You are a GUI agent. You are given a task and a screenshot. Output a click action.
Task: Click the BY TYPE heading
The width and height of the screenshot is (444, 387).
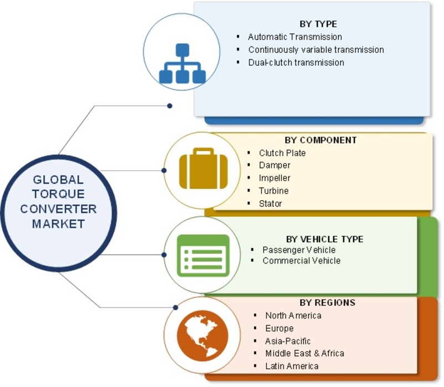[318, 24]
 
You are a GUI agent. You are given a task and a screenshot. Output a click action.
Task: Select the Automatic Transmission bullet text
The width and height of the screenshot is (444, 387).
[295, 37]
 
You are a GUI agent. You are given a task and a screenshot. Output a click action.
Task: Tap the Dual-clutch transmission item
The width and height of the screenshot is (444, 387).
[296, 62]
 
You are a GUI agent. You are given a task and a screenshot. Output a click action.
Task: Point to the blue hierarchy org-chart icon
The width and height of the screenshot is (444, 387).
[183, 63]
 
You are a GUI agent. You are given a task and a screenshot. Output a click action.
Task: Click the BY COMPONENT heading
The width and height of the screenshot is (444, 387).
[321, 140]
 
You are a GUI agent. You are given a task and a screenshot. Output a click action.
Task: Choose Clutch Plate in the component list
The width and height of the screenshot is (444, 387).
[282, 153]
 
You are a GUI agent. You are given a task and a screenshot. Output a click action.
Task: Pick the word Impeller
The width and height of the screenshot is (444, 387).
[274, 178]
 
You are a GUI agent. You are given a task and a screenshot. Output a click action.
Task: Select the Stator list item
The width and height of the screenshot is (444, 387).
[270, 204]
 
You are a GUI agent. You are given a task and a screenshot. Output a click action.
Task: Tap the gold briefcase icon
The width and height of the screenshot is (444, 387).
[203, 168]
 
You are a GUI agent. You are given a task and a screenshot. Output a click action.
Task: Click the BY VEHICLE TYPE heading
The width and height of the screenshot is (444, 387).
[325, 239]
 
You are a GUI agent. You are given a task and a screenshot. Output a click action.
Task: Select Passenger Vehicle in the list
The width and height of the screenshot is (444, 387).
[299, 250]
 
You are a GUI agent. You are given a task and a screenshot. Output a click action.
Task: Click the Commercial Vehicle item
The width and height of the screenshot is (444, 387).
[301, 261]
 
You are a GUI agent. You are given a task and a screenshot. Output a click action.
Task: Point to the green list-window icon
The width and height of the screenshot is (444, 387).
[203, 255]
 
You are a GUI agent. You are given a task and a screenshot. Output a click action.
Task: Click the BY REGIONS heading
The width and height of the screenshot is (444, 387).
[327, 302]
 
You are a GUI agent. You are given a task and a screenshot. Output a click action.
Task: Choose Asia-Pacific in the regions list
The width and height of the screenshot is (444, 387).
[287, 341]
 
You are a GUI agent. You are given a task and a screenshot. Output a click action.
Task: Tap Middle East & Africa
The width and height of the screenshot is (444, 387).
[305, 354]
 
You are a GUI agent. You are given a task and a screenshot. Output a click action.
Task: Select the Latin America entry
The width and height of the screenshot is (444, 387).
[292, 366]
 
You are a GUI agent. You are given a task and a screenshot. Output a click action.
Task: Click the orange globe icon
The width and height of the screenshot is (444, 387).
[203, 335]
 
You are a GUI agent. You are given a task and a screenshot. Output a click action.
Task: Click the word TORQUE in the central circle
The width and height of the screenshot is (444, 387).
[58, 194]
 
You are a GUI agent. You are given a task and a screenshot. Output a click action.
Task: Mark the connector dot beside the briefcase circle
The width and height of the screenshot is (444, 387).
[164, 171]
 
